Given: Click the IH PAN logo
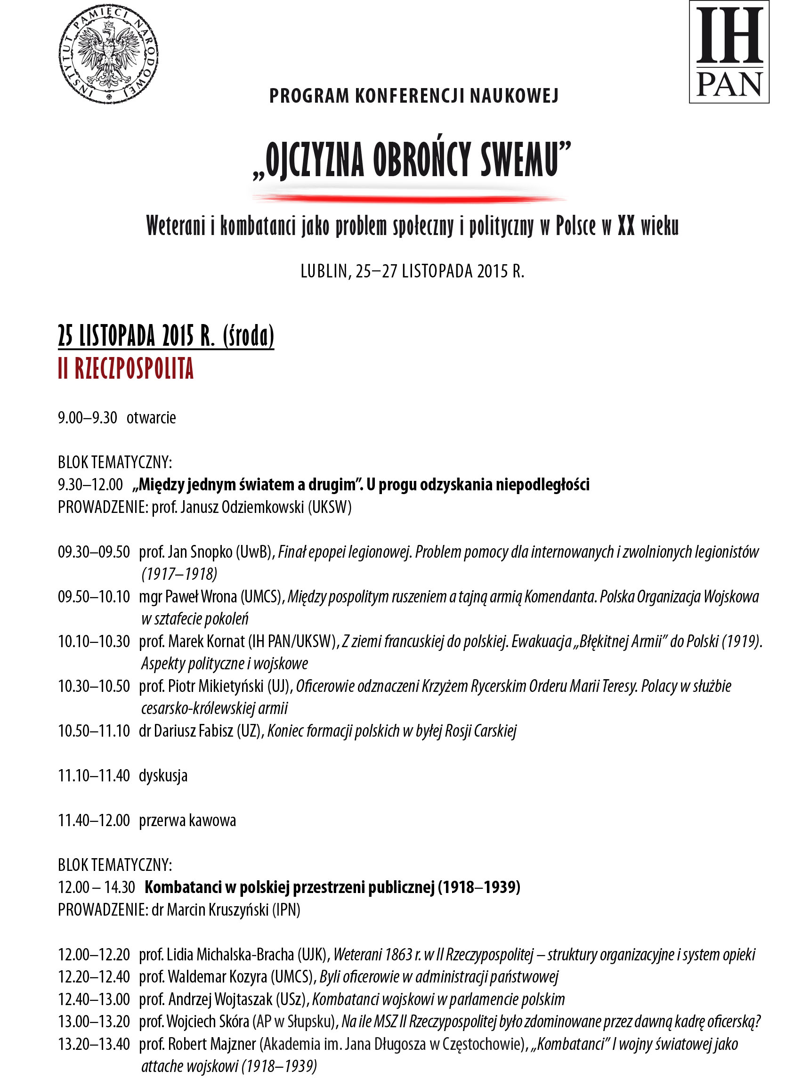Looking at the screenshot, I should [729, 51].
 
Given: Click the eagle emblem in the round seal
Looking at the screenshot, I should [109, 53].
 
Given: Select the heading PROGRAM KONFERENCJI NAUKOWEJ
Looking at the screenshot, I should [413, 96].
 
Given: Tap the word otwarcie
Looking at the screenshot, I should [151, 418].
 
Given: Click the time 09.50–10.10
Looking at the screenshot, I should [94, 596].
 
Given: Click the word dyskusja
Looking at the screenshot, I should [163, 776].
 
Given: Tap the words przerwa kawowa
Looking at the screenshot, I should [187, 820].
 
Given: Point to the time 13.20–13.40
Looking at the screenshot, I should [94, 1044].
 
